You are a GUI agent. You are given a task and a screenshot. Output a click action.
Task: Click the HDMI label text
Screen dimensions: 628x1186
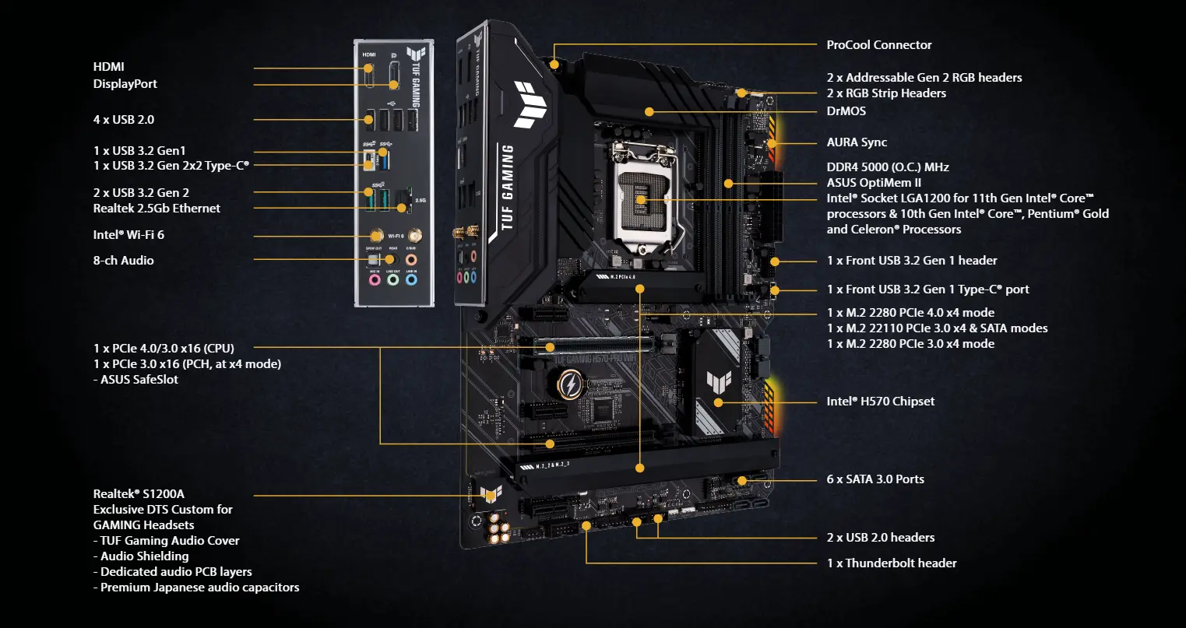click(x=108, y=67)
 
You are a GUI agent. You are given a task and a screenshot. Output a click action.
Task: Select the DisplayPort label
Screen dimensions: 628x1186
click(x=125, y=83)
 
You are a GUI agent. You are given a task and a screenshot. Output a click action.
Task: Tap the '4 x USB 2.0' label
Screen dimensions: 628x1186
click(x=123, y=119)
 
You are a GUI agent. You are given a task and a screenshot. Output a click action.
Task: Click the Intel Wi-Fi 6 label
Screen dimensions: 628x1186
click(x=128, y=234)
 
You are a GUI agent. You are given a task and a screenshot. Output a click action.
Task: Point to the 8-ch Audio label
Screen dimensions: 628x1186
click(x=123, y=260)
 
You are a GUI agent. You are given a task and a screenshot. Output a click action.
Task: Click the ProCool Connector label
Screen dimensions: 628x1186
click(x=878, y=44)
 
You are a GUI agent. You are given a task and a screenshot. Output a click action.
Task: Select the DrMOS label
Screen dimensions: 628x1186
click(x=846, y=111)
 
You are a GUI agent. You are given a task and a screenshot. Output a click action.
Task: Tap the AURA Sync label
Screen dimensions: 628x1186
click(x=857, y=142)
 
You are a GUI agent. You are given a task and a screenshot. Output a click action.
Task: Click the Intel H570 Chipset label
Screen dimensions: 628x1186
click(x=880, y=401)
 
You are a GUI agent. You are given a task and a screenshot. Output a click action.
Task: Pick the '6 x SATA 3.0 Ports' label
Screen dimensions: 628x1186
click(x=875, y=479)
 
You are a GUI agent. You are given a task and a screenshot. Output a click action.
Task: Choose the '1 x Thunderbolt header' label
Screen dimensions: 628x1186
click(x=891, y=563)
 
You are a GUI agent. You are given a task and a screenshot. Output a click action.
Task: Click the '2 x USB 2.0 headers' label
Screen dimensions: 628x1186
click(x=880, y=537)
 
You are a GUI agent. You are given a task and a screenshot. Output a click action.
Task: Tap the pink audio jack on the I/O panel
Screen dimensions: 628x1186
click(x=375, y=279)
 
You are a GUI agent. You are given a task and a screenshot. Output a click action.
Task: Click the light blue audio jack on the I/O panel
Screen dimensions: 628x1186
click(x=412, y=279)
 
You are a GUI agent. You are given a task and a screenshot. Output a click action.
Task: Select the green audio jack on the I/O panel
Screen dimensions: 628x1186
click(x=393, y=279)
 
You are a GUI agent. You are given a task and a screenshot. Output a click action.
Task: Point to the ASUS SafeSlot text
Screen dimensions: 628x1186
click(x=139, y=379)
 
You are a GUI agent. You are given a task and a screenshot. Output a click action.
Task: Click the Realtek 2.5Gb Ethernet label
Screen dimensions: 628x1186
click(x=157, y=208)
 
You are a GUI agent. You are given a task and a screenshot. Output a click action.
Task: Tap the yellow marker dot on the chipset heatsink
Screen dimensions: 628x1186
click(x=718, y=402)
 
